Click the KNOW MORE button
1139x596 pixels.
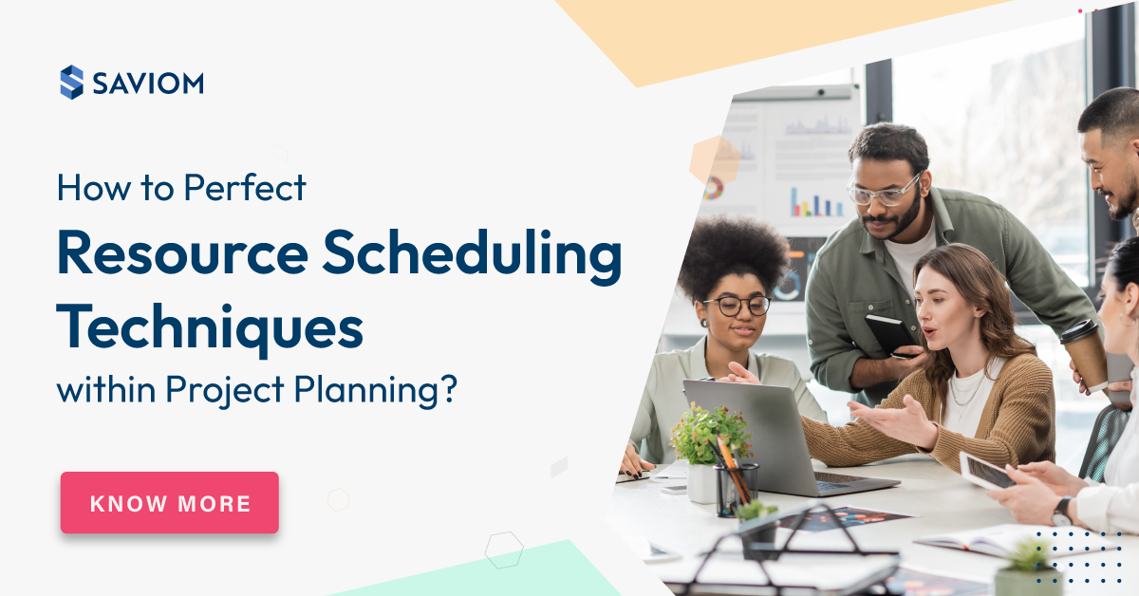170,503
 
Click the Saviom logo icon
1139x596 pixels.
71,83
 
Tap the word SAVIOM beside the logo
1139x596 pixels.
148,84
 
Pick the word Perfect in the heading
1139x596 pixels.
246,188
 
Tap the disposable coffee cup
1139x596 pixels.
1084,353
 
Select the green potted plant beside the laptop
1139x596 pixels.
707,436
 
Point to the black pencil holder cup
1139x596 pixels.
737,490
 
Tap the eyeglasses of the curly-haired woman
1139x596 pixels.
737,306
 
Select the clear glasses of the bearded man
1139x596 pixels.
883,193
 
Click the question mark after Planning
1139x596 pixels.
447,388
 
